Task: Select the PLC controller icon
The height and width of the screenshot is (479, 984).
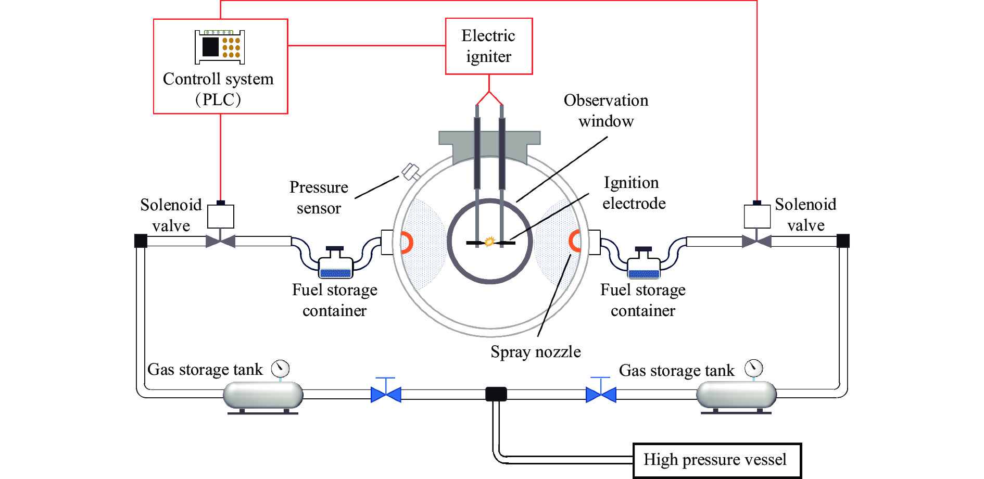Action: (x=220, y=47)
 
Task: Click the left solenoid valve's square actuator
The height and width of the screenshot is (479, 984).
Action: (x=221, y=216)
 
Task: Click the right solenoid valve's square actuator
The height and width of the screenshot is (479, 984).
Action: (x=757, y=216)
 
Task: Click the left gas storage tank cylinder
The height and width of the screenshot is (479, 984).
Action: (x=263, y=395)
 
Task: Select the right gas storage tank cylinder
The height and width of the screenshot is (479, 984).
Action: (x=736, y=395)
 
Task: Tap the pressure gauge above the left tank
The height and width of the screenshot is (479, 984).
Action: (x=281, y=369)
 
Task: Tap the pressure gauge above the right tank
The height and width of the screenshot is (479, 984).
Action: (x=753, y=368)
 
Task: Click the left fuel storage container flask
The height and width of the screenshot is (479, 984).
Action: (x=335, y=263)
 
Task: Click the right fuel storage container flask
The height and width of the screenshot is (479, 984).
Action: (x=644, y=263)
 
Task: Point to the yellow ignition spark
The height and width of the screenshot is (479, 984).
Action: (x=489, y=241)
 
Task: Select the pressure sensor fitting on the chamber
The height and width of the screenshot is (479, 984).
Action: (x=411, y=171)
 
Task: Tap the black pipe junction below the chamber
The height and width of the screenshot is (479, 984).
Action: (x=496, y=394)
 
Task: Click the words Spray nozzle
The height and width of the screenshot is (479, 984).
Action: (x=536, y=352)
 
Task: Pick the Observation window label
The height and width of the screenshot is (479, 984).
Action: (x=606, y=110)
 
